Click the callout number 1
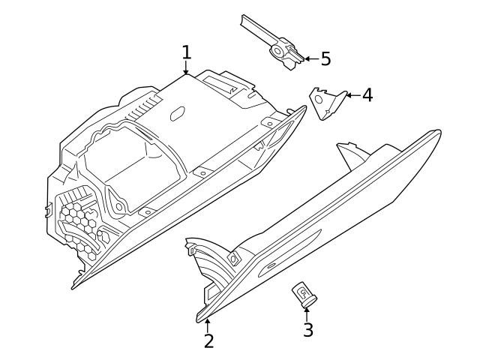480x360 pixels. click(x=186, y=53)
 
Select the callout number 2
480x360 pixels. click(x=208, y=340)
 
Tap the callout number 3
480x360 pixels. click(x=307, y=329)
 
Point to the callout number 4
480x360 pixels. click(x=367, y=95)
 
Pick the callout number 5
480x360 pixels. click(x=325, y=58)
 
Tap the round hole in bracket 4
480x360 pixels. click(x=319, y=99)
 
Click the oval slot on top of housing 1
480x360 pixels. click(x=178, y=113)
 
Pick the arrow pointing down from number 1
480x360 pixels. click(x=186, y=69)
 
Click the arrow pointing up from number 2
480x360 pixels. click(x=208, y=324)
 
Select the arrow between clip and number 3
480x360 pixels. click(x=307, y=312)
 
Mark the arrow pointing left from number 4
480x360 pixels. click(x=352, y=95)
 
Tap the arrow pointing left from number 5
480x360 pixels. click(x=310, y=58)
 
